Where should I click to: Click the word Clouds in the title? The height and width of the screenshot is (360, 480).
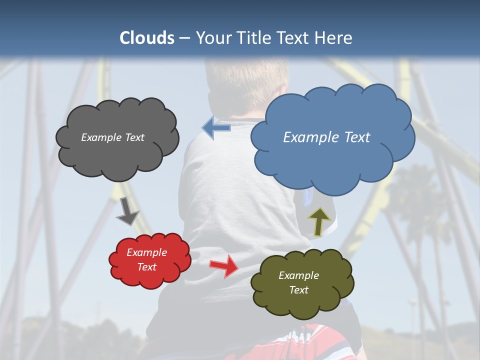tap(147, 38)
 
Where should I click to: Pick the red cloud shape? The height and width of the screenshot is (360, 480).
tap(150, 260)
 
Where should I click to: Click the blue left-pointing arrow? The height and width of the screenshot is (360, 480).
tap(216, 127)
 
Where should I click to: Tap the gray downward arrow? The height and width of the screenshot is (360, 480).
tap(127, 211)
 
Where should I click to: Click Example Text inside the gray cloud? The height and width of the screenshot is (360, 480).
tap(112, 137)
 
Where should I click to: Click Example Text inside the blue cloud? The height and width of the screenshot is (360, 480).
tap(326, 137)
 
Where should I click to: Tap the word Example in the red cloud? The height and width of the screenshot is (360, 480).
tap(146, 252)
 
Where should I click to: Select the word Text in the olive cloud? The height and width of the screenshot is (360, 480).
tap(299, 290)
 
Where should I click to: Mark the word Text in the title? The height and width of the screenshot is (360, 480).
tap(296, 38)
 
